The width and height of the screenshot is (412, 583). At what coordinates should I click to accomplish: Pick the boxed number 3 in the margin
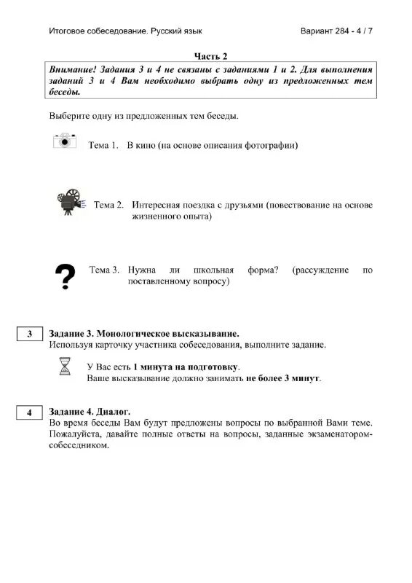click(30, 334)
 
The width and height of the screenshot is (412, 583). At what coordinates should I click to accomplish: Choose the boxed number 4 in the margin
click(30, 412)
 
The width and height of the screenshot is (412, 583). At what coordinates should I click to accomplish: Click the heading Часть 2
click(211, 56)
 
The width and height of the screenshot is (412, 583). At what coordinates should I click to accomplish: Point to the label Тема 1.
click(103, 146)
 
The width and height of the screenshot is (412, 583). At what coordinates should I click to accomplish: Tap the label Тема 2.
click(108, 205)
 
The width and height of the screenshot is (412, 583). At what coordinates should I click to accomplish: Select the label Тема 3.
click(104, 270)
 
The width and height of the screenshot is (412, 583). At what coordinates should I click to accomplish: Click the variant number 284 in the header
click(340, 32)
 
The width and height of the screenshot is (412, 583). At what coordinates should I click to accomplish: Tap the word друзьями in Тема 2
click(241, 205)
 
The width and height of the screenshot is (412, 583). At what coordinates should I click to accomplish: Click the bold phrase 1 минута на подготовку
click(186, 367)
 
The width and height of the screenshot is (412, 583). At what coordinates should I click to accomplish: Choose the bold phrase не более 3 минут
click(283, 379)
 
